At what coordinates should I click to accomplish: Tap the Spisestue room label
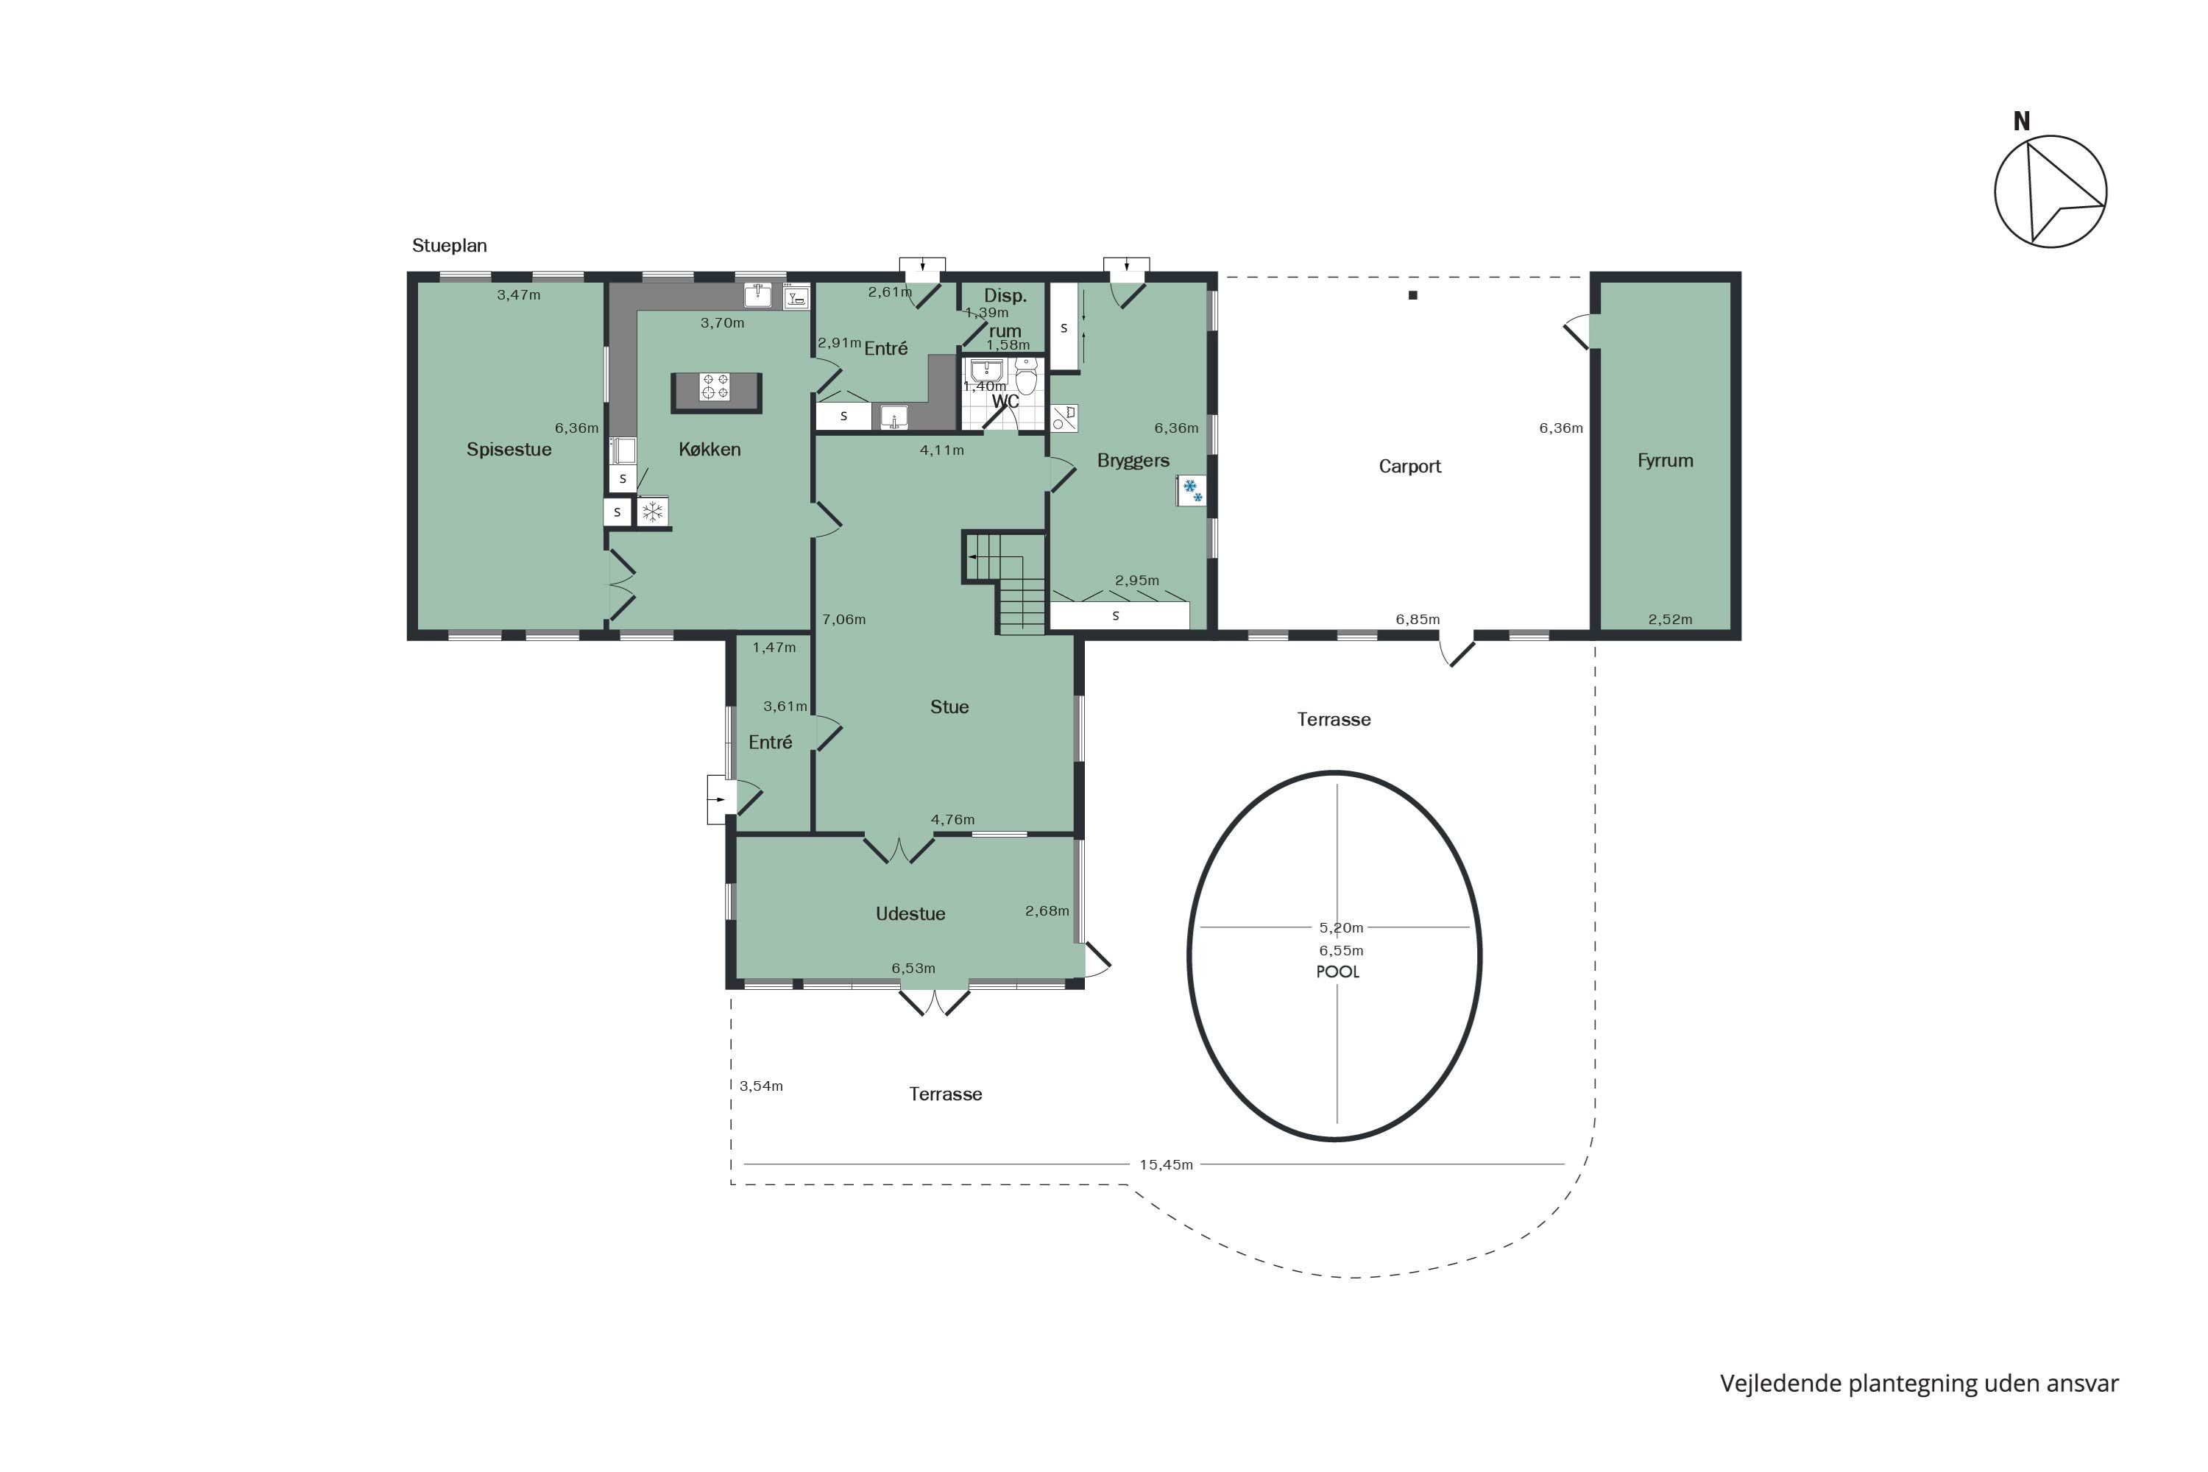pyautogui.click(x=509, y=450)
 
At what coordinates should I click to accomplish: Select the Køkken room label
pyautogui.click(x=710, y=450)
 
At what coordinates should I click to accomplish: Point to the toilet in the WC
pyautogui.click(x=1026, y=378)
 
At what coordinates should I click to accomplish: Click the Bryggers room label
pyautogui.click(x=1133, y=461)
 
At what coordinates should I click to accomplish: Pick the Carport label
pyautogui.click(x=1410, y=467)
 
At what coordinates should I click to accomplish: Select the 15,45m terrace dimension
pyautogui.click(x=1166, y=1165)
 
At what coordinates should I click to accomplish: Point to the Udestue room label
pyautogui.click(x=910, y=914)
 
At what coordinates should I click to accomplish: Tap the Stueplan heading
pyautogui.click(x=450, y=246)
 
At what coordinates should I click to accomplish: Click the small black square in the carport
pyautogui.click(x=1413, y=296)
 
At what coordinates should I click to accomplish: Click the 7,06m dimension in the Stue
pyautogui.click(x=844, y=620)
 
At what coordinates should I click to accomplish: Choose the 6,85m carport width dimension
pyautogui.click(x=1418, y=620)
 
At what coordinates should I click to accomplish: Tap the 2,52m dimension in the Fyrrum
pyautogui.click(x=1670, y=620)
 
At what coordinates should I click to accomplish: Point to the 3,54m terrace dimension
pyautogui.click(x=761, y=1086)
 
